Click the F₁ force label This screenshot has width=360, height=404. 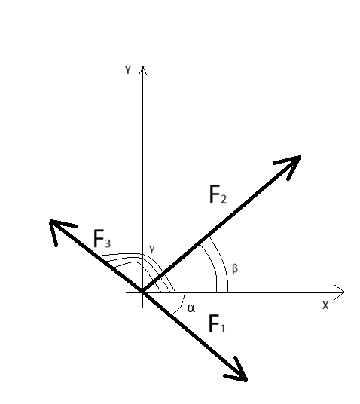[x=217, y=324]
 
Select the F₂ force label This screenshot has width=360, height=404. [x=218, y=194]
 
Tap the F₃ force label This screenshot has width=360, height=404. [x=102, y=239]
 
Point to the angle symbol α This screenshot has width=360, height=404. [x=191, y=308]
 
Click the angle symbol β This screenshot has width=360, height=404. [x=235, y=269]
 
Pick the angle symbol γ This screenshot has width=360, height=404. [x=152, y=249]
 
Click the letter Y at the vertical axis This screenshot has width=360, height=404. [x=128, y=70]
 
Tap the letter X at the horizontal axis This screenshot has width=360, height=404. [x=325, y=305]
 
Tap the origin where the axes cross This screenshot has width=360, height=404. [x=143, y=292]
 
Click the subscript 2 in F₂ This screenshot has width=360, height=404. [x=223, y=199]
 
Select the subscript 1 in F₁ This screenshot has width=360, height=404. [x=223, y=329]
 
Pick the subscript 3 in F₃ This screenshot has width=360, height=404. [x=108, y=243]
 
